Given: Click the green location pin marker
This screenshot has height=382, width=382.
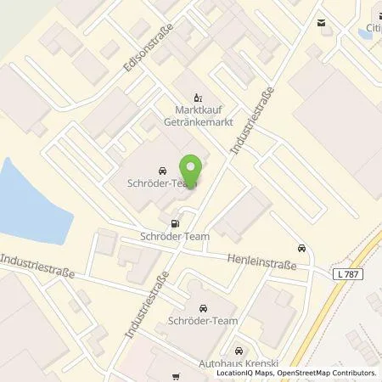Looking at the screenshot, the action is pyautogui.click(x=192, y=171).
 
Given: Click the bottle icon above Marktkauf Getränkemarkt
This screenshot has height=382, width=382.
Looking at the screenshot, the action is pyautogui.click(x=199, y=97).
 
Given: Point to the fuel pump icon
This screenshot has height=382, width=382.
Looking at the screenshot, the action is pyautogui.click(x=175, y=224).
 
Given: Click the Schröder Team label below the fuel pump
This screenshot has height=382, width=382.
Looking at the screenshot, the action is pyautogui.click(x=174, y=239).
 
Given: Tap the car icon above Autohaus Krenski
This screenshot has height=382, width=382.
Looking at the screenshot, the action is pyautogui.click(x=239, y=350).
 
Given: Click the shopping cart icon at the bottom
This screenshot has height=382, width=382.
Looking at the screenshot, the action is pyautogui.click(x=177, y=376).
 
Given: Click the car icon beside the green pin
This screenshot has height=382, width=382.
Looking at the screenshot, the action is pyautogui.click(x=163, y=170).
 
